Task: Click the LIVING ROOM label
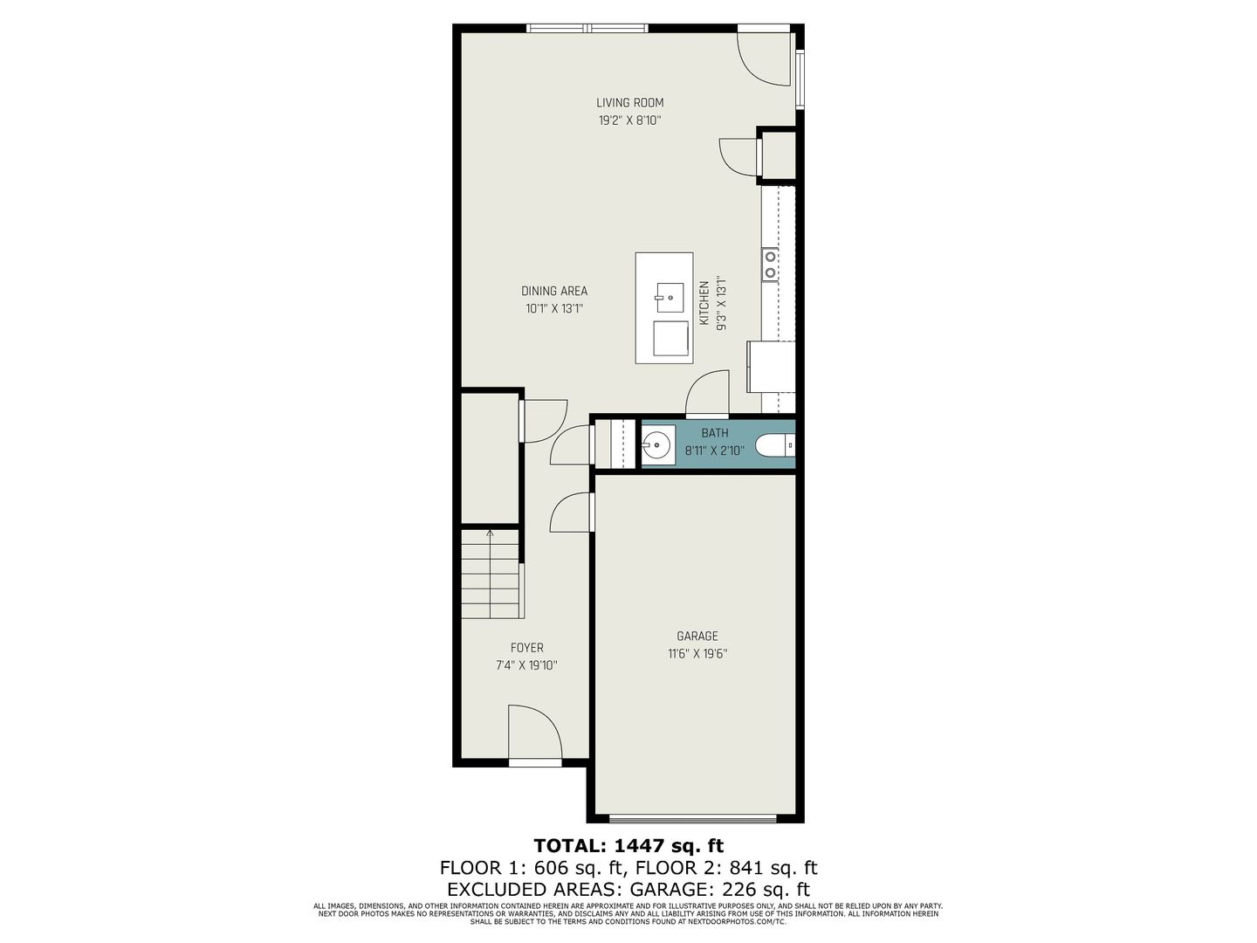click(630, 103)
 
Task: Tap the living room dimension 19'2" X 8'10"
click(630, 120)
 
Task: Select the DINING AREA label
click(554, 291)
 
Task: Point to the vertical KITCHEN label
click(704, 303)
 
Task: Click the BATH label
click(715, 433)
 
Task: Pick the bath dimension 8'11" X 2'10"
click(715, 451)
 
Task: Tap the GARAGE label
click(697, 637)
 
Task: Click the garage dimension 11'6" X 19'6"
click(697, 654)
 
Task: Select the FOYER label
click(527, 648)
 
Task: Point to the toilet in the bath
click(775, 445)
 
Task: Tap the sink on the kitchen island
click(670, 298)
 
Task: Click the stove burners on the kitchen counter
click(770, 265)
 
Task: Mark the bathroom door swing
click(707, 393)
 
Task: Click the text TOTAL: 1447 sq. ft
click(628, 846)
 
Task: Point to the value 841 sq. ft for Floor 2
click(773, 869)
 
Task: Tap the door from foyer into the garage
click(571, 513)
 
